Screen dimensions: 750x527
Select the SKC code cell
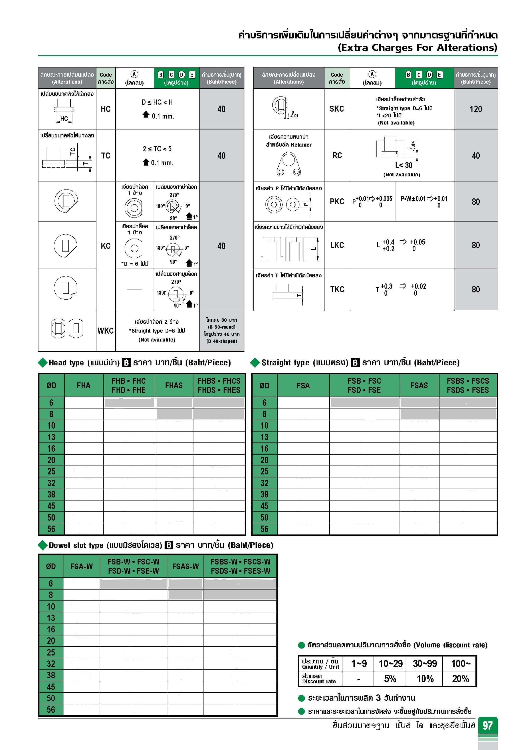[x=337, y=109]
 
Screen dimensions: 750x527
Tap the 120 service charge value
[x=475, y=109]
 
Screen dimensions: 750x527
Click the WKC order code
[x=105, y=331]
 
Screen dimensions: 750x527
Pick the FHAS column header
[x=174, y=385]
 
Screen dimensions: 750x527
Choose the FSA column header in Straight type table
[x=303, y=385]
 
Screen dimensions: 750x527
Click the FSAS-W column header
[x=185, y=566]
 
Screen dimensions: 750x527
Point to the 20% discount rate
[x=460, y=679]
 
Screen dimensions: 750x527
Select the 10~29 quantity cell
[x=390, y=663]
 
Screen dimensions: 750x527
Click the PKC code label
[x=337, y=202]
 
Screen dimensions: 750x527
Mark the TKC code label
[x=337, y=289]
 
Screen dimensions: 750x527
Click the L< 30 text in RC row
[x=404, y=165]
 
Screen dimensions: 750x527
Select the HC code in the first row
[x=105, y=109]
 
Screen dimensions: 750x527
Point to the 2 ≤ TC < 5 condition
[x=157, y=149]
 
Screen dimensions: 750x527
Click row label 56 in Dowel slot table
[x=51, y=710]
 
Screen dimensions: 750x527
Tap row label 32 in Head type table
[x=51, y=483]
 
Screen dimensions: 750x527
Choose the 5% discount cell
[x=390, y=679]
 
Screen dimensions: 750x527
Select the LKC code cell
[x=337, y=245]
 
